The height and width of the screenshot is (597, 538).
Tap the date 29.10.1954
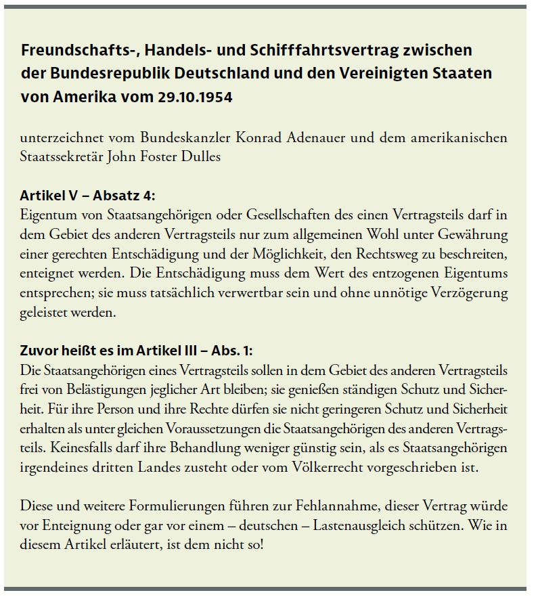click(x=194, y=97)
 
